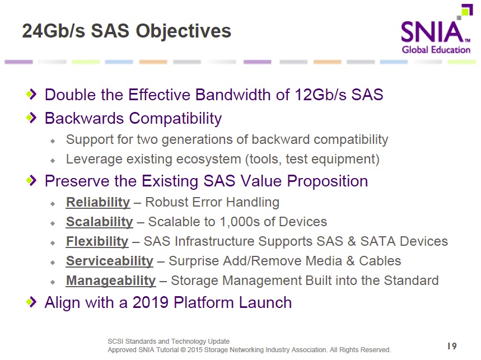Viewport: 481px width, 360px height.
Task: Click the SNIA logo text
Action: [432, 31]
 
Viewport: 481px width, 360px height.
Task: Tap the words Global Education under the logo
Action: [436, 50]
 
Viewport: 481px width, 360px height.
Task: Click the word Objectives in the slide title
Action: [184, 32]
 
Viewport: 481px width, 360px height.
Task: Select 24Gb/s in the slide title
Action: [54, 31]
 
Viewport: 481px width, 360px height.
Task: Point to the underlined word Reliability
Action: [98, 202]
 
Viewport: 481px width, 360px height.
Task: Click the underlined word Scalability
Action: [99, 222]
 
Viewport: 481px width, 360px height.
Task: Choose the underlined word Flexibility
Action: [97, 242]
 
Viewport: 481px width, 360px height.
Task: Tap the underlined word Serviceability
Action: [110, 261]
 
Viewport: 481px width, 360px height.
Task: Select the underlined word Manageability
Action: [111, 281]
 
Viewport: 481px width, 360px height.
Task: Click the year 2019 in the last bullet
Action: [151, 303]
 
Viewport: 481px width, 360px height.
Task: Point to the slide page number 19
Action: [452, 346]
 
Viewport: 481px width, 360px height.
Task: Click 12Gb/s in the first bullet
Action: [320, 95]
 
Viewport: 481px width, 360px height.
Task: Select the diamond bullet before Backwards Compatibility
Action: [31, 118]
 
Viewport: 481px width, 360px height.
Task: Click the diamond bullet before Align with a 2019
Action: [31, 302]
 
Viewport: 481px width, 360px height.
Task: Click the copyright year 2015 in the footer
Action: [195, 350]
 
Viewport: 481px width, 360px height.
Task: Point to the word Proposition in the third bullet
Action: [328, 181]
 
